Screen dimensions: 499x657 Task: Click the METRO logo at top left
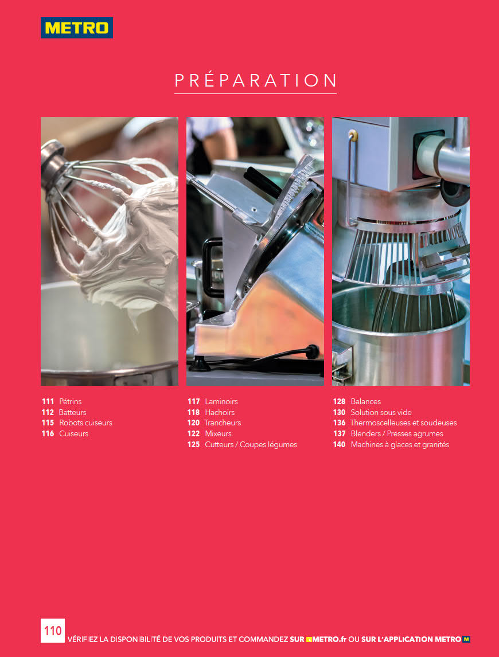point(77,28)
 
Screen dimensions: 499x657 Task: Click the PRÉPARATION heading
point(255,80)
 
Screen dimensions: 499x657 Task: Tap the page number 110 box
point(53,631)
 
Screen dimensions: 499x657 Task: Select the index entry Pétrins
point(70,401)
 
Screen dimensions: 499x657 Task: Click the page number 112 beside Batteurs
point(48,412)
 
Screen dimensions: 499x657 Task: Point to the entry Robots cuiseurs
point(85,423)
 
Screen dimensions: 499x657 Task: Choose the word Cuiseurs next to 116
point(74,433)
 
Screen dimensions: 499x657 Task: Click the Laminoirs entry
point(221,401)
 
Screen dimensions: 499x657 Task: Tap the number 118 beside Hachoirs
point(193,412)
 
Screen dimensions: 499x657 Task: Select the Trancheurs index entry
point(223,423)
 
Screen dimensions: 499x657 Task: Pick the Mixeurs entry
point(218,433)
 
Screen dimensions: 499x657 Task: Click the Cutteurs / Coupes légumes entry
point(251,444)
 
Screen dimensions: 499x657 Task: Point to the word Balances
point(366,401)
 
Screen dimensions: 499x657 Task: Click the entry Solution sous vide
point(381,412)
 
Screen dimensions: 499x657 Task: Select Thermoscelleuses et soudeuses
point(403,423)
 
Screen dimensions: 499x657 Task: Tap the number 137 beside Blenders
point(339,433)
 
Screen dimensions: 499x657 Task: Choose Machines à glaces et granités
point(400,444)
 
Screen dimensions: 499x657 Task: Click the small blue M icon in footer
point(466,639)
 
